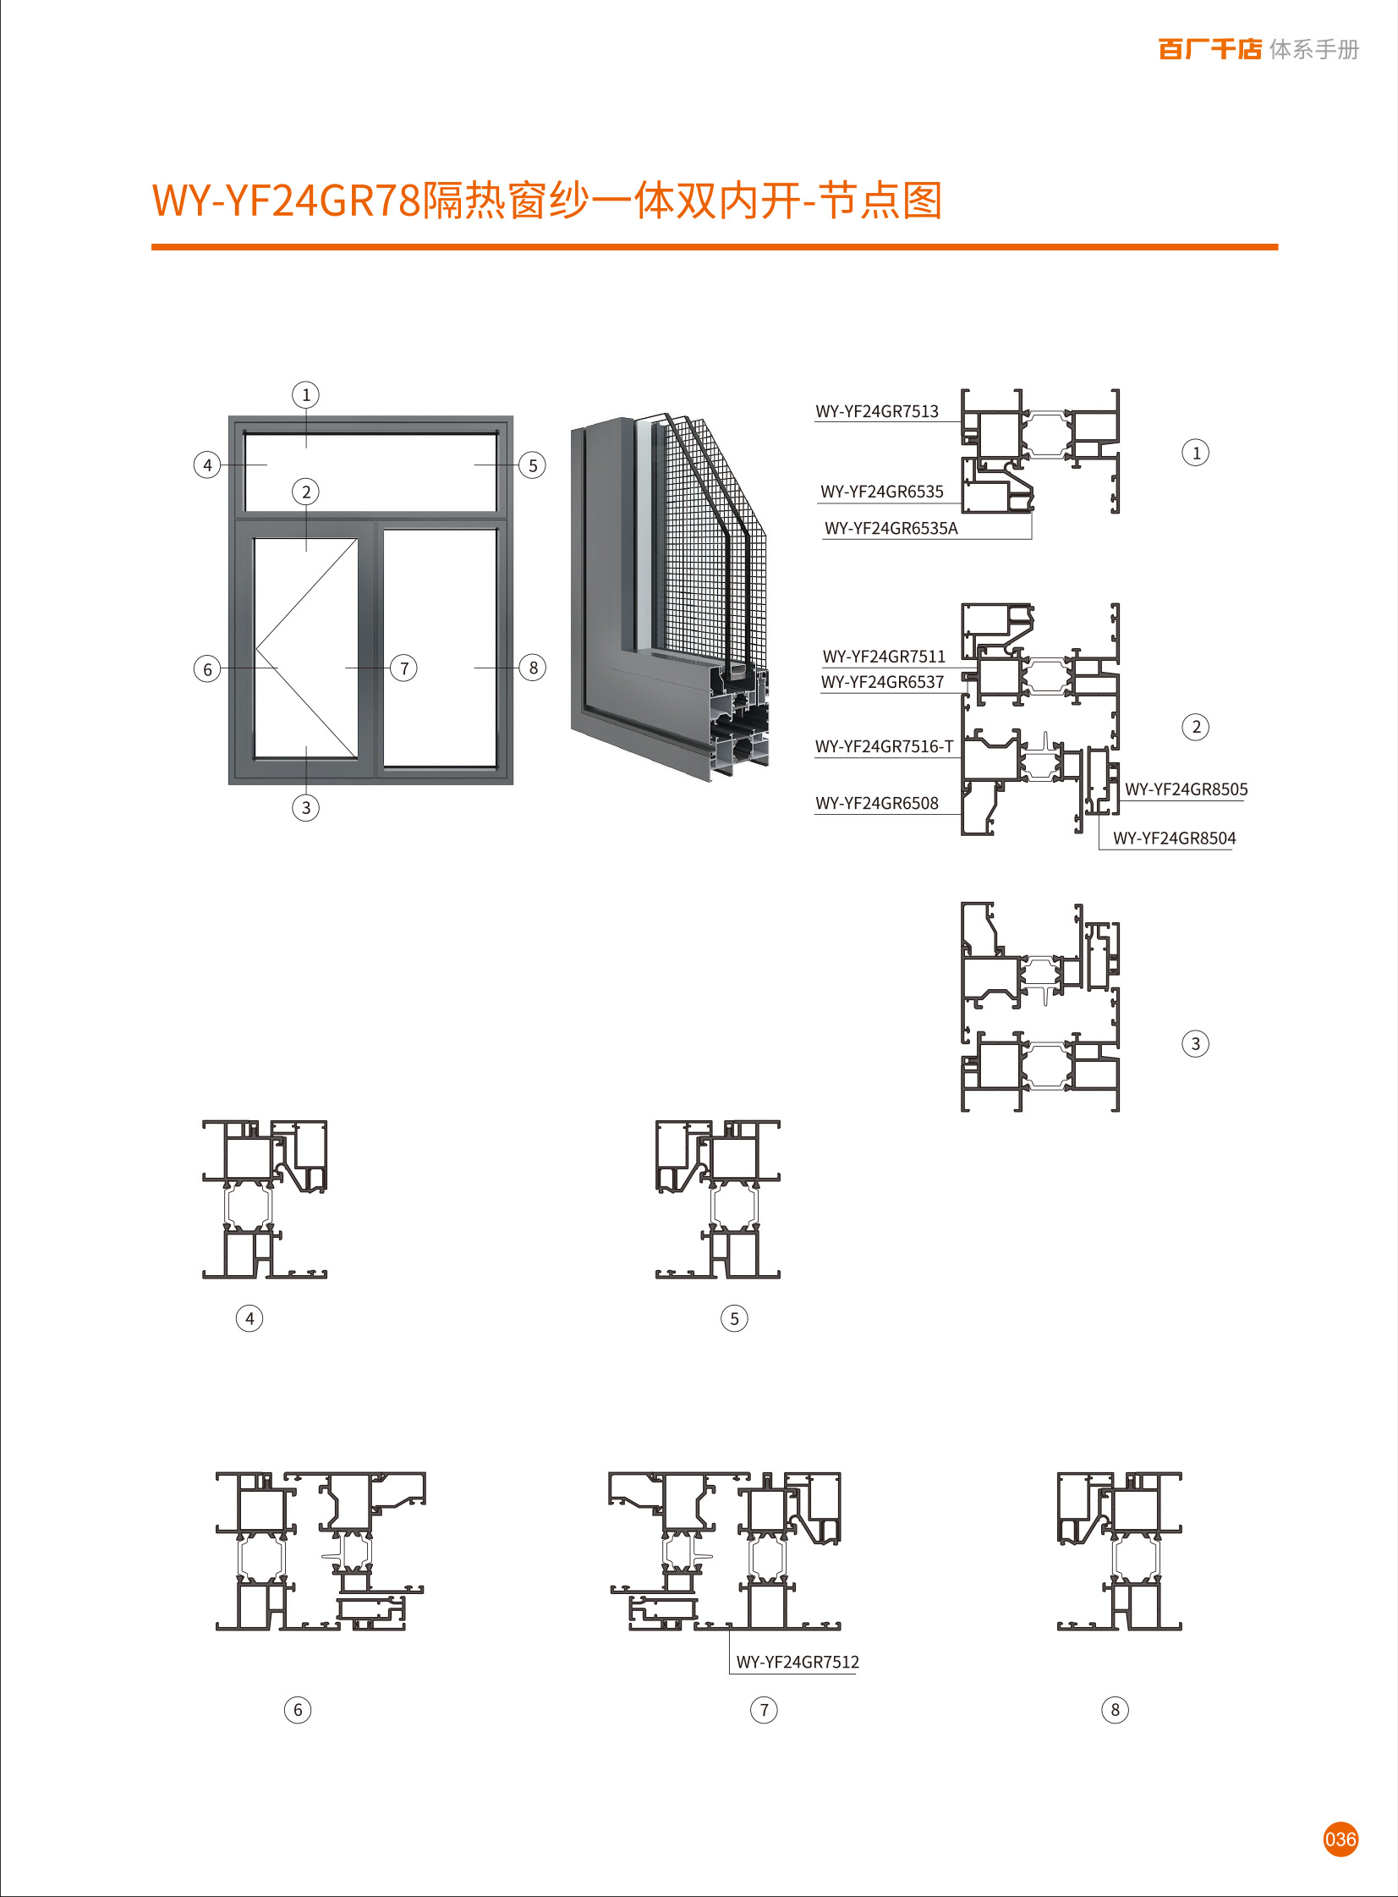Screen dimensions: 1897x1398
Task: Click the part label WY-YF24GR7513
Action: [x=877, y=411]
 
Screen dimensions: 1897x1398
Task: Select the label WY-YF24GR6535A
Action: [x=891, y=528]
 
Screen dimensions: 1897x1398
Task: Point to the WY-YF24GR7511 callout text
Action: [x=884, y=656]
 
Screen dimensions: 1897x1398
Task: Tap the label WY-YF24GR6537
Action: [x=882, y=681]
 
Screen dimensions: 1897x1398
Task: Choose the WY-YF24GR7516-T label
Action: [x=884, y=746]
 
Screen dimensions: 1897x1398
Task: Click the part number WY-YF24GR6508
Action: [x=877, y=803]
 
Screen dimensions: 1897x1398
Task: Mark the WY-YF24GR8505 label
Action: [x=1186, y=789]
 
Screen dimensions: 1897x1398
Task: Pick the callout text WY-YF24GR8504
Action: [x=1174, y=838]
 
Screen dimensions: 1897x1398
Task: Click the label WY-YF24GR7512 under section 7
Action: [x=798, y=1662]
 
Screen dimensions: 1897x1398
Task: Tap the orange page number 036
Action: [x=1340, y=1839]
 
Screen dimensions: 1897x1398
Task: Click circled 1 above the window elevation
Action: [x=305, y=394]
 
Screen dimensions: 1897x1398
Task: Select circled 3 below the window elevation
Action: [x=305, y=807]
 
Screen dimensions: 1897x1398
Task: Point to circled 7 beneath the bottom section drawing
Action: [x=765, y=1710]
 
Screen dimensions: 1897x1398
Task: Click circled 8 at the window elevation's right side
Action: [x=533, y=668]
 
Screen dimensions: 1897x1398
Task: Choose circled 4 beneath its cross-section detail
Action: [x=249, y=1318]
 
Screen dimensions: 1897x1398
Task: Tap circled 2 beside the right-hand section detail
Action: [x=1196, y=726]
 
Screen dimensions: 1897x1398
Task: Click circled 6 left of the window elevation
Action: [x=207, y=669]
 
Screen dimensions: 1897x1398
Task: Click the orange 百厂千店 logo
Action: [x=1209, y=49]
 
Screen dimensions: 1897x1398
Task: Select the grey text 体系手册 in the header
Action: [x=1314, y=50]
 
